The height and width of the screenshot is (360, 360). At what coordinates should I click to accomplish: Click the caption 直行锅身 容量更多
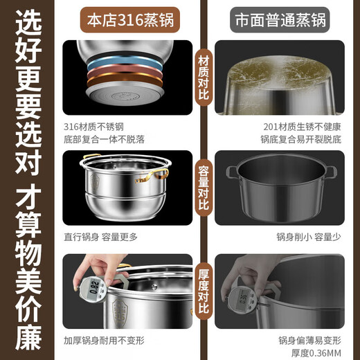100,237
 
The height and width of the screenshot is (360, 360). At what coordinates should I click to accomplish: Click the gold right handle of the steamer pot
165,173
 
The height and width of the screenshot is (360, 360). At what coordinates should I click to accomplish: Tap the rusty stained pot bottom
287,69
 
